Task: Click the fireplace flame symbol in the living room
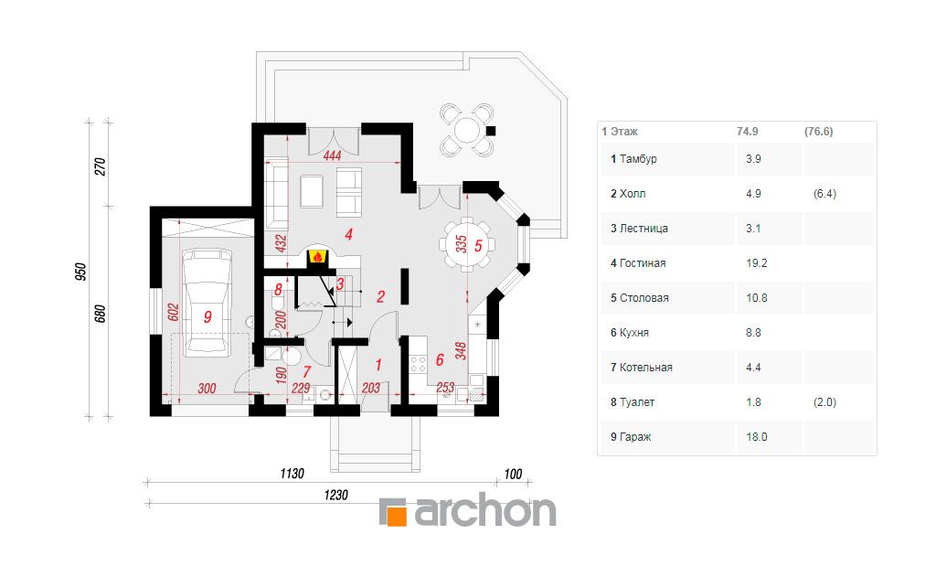(x=317, y=257)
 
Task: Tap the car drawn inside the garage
(x=207, y=303)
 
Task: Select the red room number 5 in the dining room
(x=478, y=245)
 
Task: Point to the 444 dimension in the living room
(x=332, y=155)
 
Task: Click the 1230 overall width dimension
(x=335, y=496)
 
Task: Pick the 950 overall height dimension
(x=80, y=272)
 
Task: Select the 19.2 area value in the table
(x=756, y=263)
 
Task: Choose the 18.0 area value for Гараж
(x=756, y=437)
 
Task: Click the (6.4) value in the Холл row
(x=824, y=194)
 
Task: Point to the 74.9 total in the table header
(x=748, y=132)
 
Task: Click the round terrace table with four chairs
(x=467, y=130)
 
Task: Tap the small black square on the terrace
(x=491, y=131)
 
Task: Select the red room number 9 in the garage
(x=207, y=316)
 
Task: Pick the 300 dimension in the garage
(x=207, y=389)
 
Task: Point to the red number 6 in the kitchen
(x=440, y=359)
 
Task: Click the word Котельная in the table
(x=646, y=368)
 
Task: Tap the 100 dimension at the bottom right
(x=513, y=475)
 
